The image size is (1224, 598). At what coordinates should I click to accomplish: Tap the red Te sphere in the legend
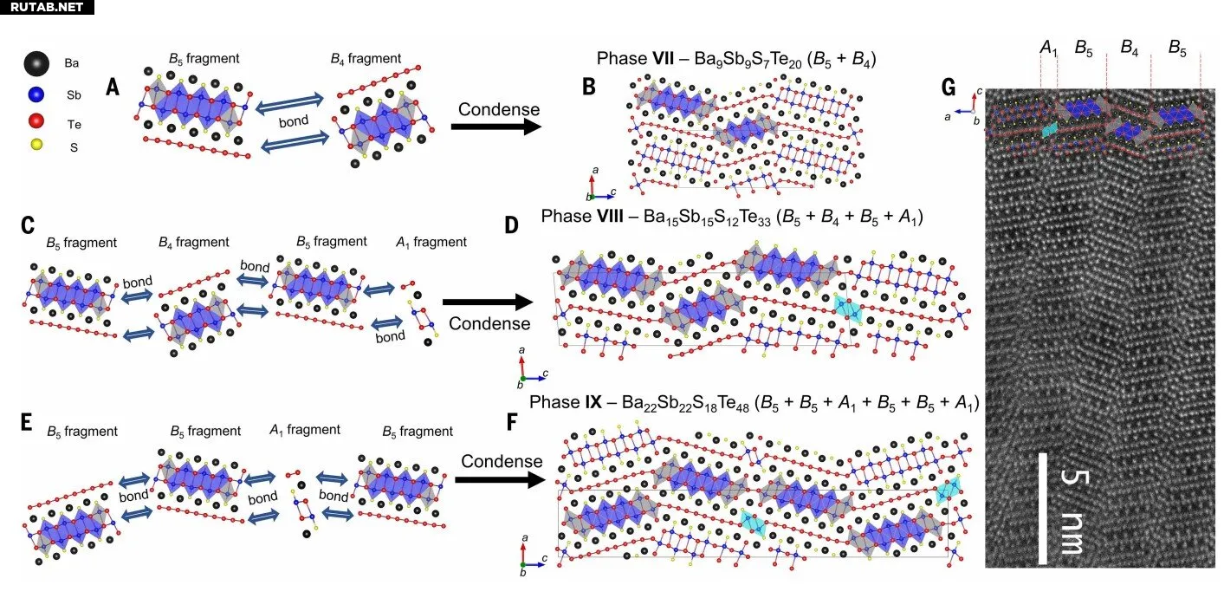(36, 123)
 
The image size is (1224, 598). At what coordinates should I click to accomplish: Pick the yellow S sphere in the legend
(36, 147)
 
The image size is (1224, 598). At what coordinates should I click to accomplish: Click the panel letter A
(113, 87)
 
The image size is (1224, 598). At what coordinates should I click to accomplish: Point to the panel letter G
(949, 88)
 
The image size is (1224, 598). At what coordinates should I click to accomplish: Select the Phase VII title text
(737, 59)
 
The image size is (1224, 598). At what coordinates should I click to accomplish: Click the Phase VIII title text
(732, 217)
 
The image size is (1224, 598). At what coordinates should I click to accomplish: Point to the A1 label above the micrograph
(1048, 48)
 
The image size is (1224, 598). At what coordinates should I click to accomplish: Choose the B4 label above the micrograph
(1129, 48)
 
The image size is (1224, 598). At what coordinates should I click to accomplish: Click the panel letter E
(26, 422)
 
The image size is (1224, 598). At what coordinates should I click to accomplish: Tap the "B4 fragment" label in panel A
(366, 59)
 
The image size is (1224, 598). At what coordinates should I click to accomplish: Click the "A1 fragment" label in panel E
(304, 430)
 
